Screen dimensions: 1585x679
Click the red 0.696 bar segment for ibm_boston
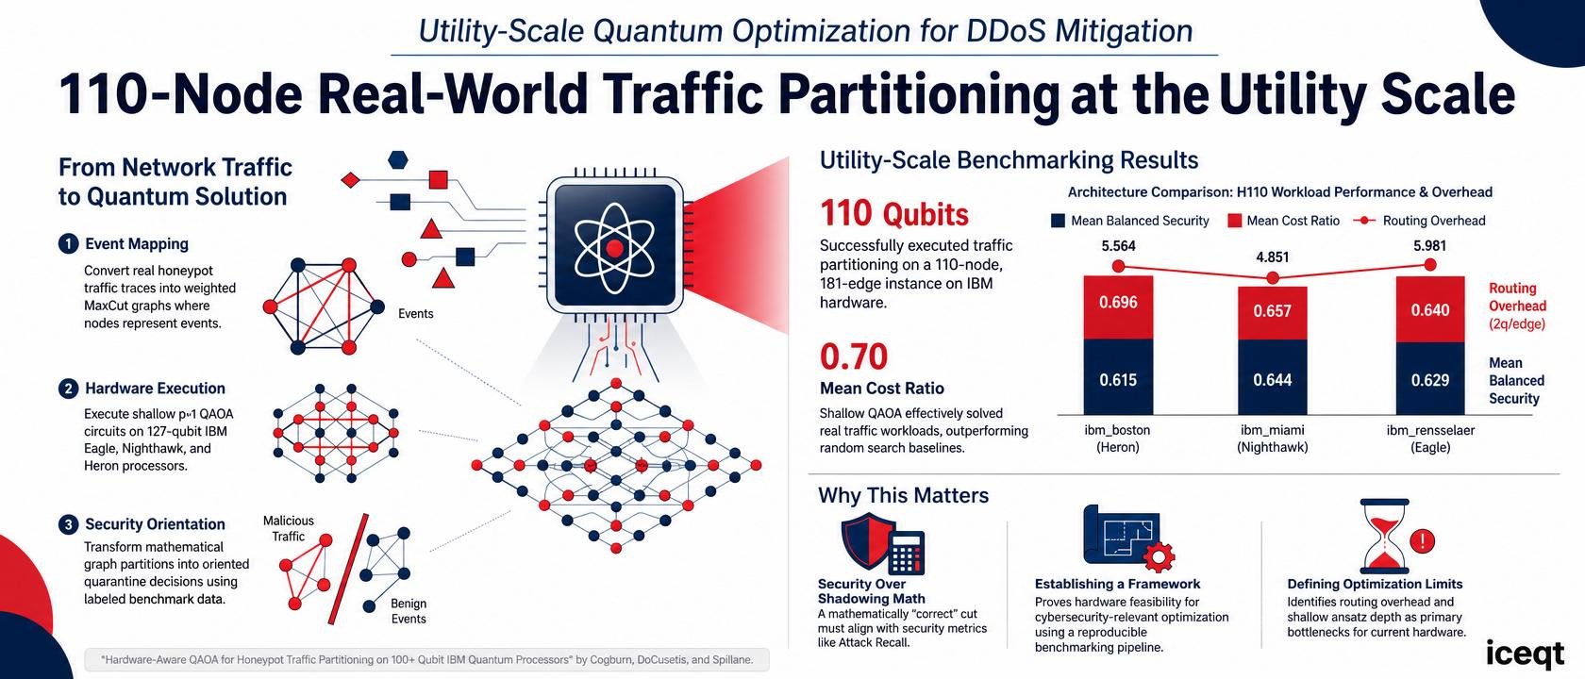coord(1118,307)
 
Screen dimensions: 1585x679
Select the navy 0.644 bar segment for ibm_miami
coord(1272,377)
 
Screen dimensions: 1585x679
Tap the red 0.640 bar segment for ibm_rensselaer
coord(1430,309)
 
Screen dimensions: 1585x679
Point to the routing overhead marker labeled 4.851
coord(1272,278)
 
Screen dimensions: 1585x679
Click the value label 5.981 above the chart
coord(1430,246)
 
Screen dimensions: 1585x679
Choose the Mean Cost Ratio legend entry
coord(1283,221)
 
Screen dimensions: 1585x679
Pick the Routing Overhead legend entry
coord(1419,221)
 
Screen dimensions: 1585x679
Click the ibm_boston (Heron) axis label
coord(1117,439)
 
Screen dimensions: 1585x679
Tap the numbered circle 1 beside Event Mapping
coord(68,244)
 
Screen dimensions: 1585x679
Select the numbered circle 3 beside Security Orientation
coord(68,524)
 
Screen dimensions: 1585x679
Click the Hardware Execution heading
coord(155,389)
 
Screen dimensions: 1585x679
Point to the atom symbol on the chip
coord(614,247)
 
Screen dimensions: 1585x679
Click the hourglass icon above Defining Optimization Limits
coord(1385,536)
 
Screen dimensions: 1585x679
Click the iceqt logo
coord(1525,654)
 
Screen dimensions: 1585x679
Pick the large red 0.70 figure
coord(853,356)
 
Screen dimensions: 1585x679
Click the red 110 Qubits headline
coord(894,213)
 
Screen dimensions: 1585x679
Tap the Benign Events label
coord(409,611)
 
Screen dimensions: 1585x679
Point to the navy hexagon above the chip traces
coord(398,160)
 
